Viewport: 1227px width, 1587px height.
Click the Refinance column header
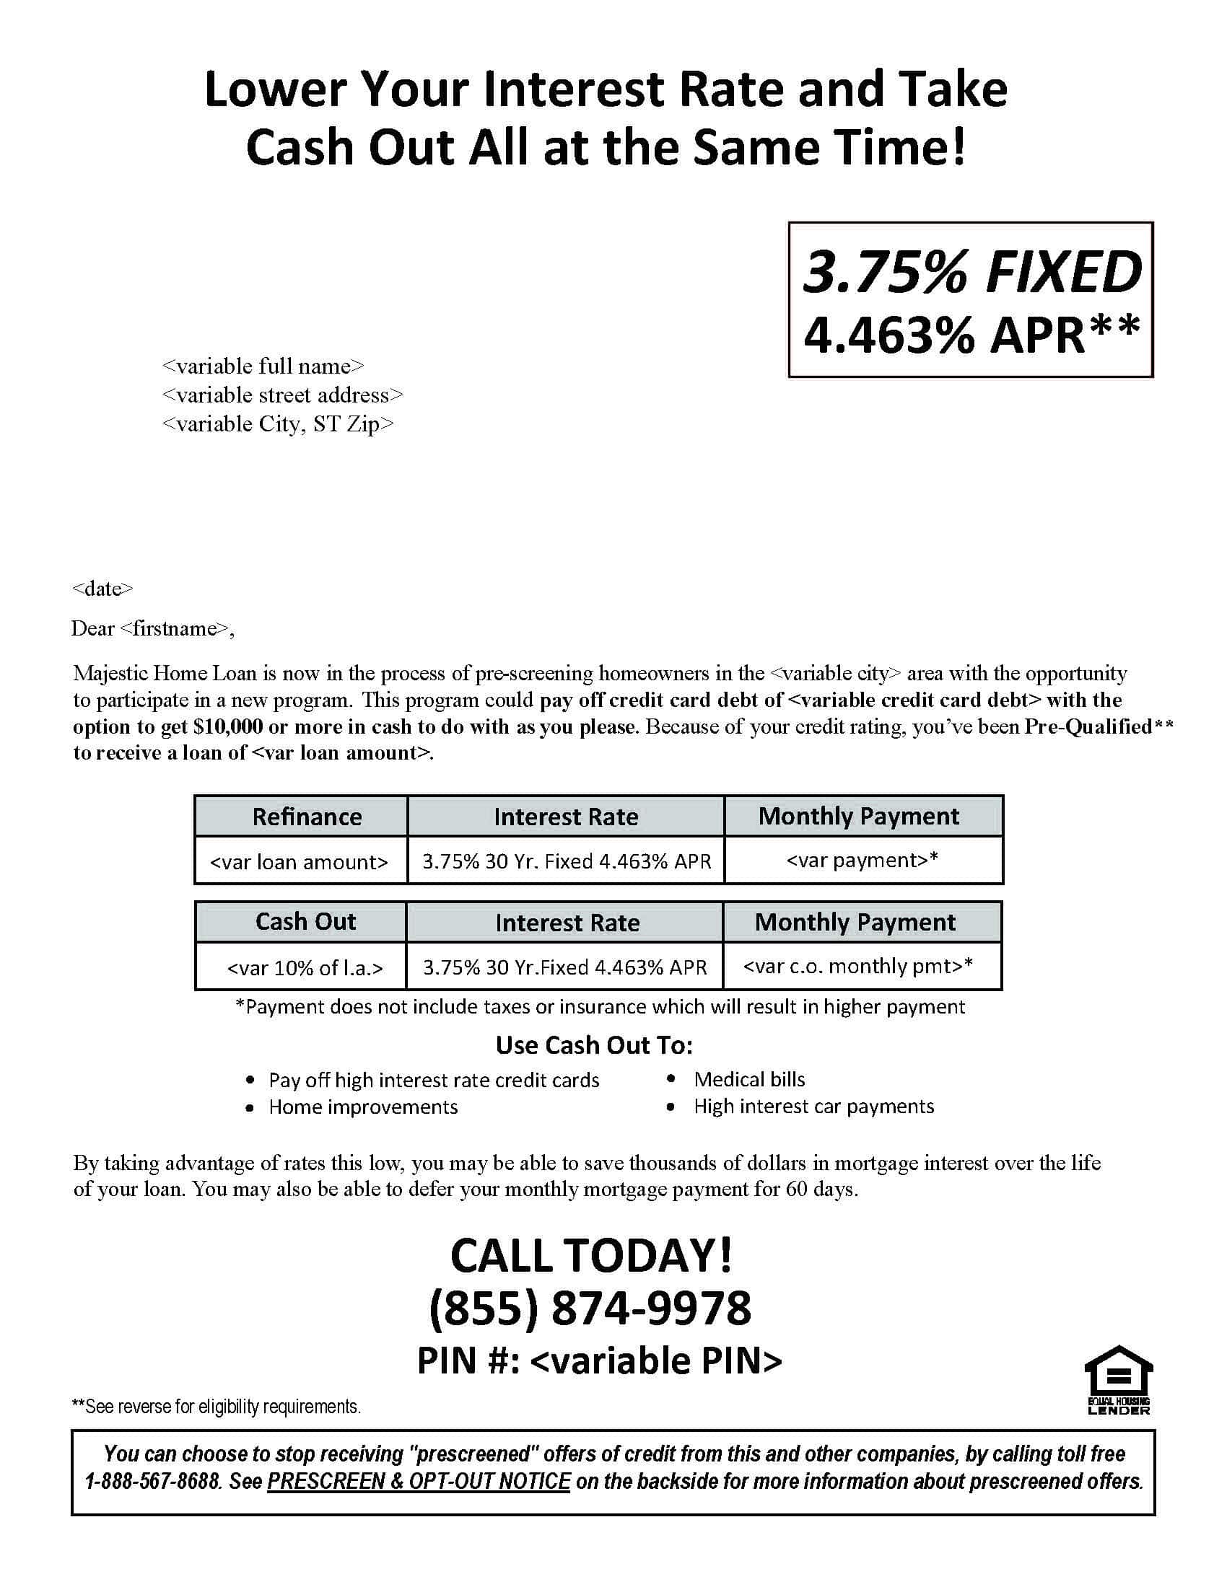pos(307,817)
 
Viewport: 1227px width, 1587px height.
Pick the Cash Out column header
pos(305,921)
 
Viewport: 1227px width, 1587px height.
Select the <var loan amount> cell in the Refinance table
pos(299,862)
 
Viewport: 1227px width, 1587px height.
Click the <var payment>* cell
pos(862,861)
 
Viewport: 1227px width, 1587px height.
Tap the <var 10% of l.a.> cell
pos(305,968)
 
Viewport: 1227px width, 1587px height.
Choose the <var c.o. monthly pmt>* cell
pos(857,966)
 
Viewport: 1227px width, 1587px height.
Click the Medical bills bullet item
pos(748,1079)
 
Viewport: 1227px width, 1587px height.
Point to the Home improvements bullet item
pos(363,1107)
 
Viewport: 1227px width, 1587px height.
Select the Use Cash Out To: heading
pos(594,1045)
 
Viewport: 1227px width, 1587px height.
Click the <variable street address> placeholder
pos(282,395)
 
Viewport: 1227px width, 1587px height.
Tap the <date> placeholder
pos(102,589)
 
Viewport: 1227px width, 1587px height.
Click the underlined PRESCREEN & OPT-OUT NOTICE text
pos(419,1481)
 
